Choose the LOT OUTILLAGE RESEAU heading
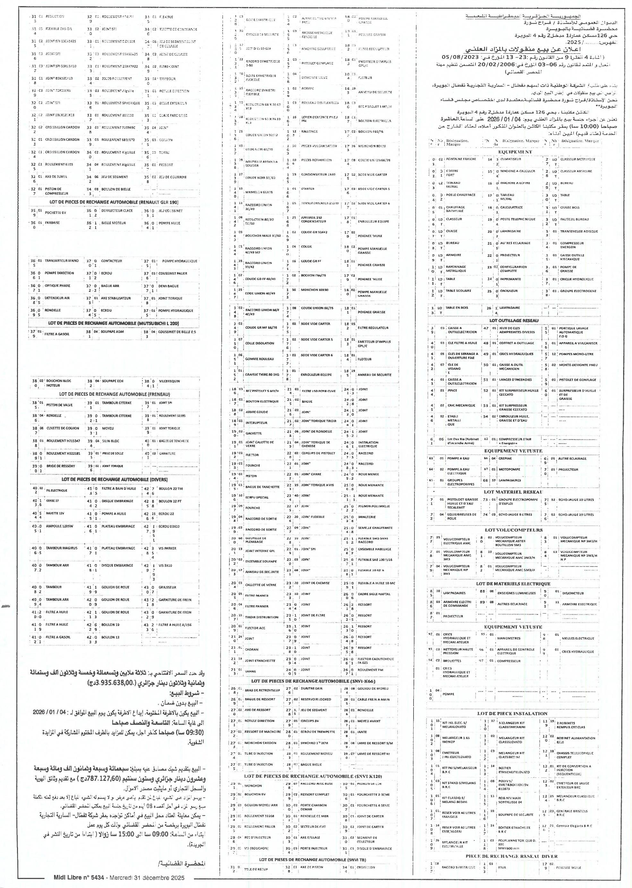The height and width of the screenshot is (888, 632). tap(514, 320)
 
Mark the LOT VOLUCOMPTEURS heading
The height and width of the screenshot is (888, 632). tap(513, 530)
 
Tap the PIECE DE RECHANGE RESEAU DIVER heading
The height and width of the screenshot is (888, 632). tap(511, 856)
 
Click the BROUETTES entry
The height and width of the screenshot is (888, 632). tap(452, 660)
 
